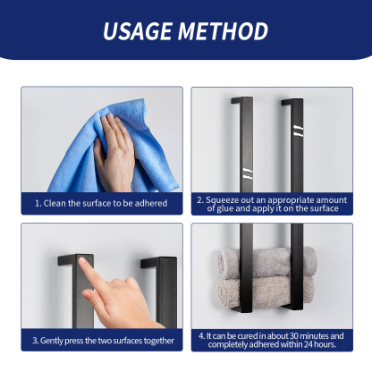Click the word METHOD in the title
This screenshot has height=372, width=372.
(x=223, y=31)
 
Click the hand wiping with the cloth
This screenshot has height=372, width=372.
(x=116, y=152)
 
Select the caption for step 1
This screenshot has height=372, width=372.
(x=101, y=203)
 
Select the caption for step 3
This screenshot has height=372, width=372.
(x=101, y=340)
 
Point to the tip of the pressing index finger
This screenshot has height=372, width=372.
(x=84, y=262)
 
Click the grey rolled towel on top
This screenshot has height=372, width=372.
(x=269, y=262)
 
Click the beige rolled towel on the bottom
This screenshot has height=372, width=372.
(x=269, y=288)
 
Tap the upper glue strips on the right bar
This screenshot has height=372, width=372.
(x=296, y=132)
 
